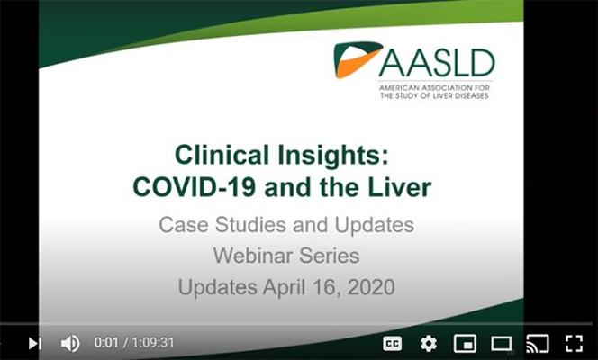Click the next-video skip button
pos(35,343)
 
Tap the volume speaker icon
pos(70,343)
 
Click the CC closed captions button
pos(392,344)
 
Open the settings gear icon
pos(429,344)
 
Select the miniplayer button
pos(465,344)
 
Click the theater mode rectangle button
pos(501,344)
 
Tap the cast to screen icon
pos(538,344)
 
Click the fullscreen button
pos(574,344)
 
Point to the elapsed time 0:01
pos(106,343)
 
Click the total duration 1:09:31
pos(153,343)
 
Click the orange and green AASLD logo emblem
pos(357,59)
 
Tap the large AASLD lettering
pos(437,63)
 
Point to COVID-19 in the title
pos(195,188)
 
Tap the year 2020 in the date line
pos(371,287)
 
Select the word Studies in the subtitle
pos(249,225)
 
